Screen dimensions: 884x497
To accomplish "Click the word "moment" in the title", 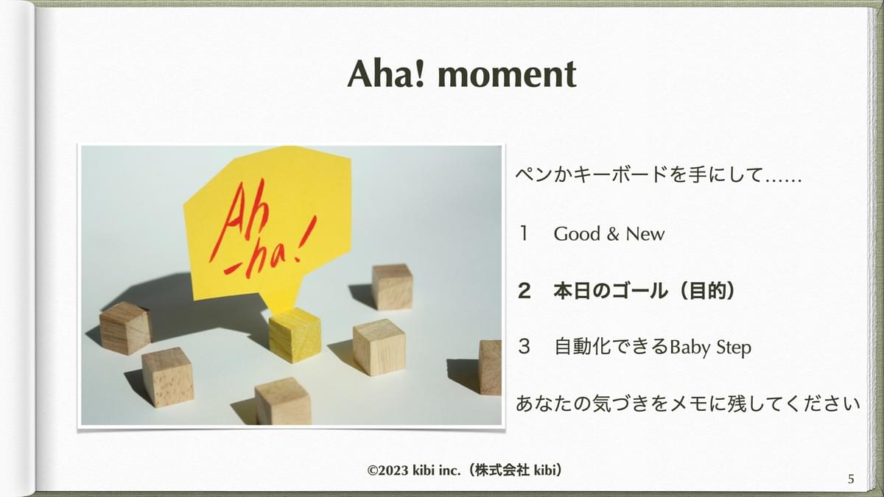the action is (507, 74).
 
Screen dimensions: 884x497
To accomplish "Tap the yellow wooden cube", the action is (295, 335).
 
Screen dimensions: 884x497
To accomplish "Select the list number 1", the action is (524, 233).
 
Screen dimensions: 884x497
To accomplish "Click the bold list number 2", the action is (524, 291).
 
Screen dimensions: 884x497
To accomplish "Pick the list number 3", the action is (524, 347).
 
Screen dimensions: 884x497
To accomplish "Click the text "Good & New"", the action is (609, 234).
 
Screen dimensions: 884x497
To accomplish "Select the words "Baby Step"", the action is (711, 348).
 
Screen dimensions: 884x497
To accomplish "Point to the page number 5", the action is (851, 479).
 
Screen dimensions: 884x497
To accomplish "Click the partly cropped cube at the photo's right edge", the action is (490, 367).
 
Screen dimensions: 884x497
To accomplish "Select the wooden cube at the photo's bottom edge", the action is (283, 401).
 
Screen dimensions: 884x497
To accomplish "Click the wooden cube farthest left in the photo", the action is (125, 328).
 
